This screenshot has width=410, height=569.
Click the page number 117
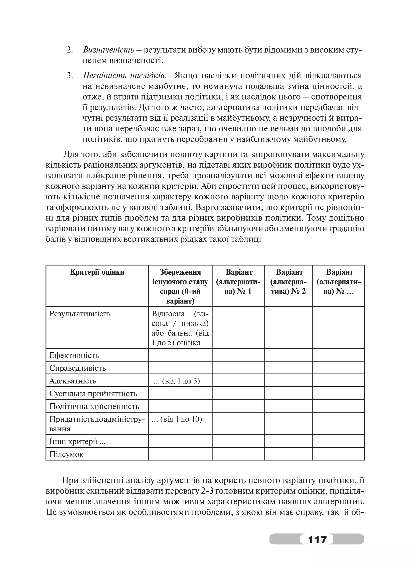[x=317, y=539]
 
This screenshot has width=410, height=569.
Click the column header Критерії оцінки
[x=97, y=272]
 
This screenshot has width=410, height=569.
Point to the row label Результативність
[x=80, y=314]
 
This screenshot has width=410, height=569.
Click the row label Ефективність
[x=74, y=355]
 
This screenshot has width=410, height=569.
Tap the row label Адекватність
[x=72, y=381]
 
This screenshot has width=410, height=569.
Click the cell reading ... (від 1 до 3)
[x=177, y=381]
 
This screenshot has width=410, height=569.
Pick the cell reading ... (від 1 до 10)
[x=177, y=419]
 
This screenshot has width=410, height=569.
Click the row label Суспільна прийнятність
[x=93, y=393]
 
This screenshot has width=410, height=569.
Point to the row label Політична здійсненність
[x=94, y=406]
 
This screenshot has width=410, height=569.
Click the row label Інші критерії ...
[x=77, y=442]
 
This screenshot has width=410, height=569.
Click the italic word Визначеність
[x=108, y=50]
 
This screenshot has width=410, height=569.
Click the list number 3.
[x=69, y=76]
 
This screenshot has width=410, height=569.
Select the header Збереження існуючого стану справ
[x=180, y=286]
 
